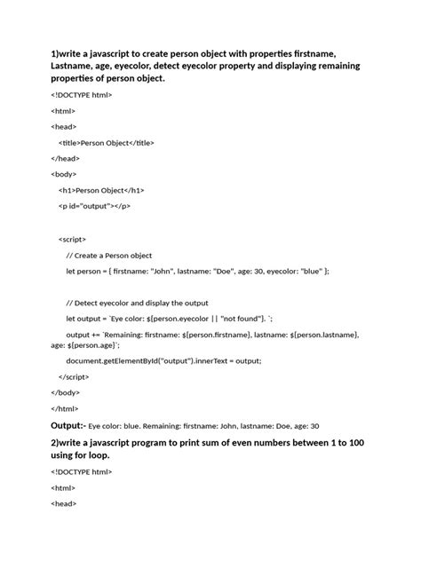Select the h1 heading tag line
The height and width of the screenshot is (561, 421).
(101, 190)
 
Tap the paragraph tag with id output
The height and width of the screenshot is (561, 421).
(95, 206)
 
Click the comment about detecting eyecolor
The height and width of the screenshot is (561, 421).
(136, 303)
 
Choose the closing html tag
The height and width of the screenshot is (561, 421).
(65, 408)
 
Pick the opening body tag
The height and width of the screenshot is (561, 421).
(64, 174)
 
